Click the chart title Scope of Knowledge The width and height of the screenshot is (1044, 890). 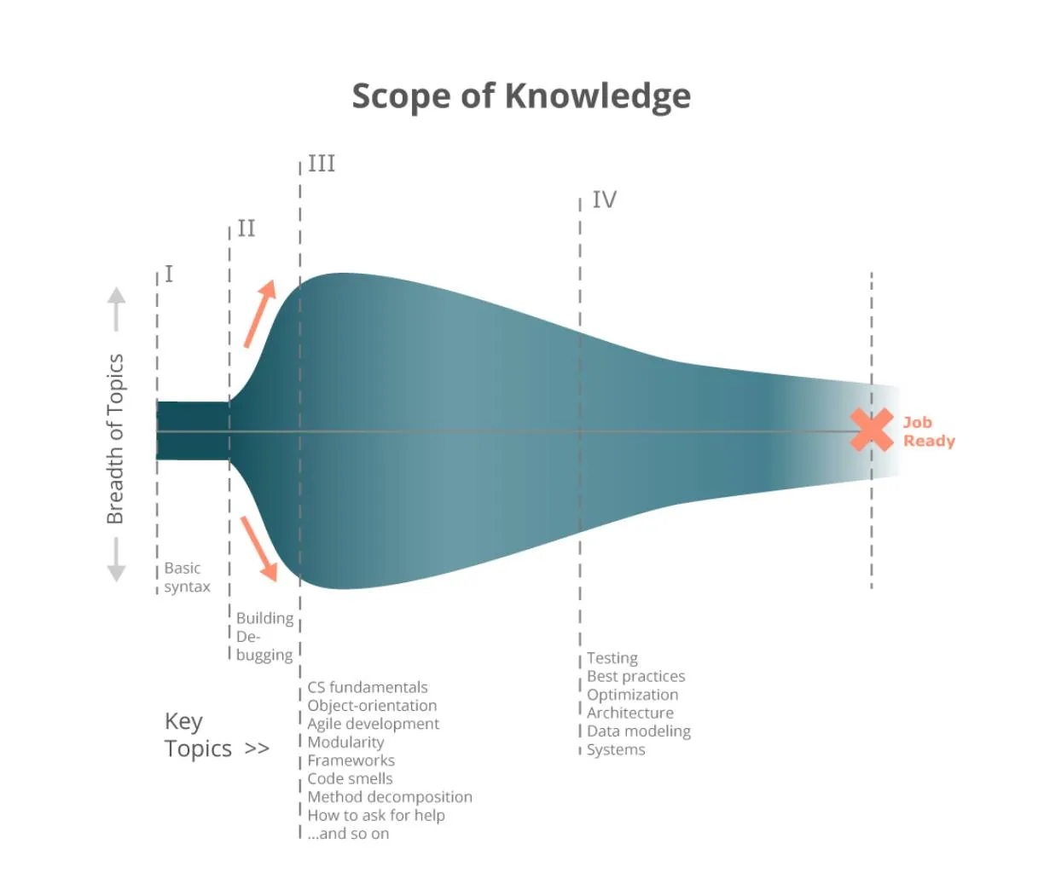click(x=521, y=95)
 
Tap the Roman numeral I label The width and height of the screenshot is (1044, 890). click(x=169, y=274)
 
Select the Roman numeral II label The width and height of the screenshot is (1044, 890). click(x=246, y=228)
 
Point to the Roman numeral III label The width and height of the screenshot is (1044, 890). click(x=322, y=163)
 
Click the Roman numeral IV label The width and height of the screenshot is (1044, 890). click(x=604, y=199)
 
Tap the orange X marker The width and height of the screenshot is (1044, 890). click(x=872, y=429)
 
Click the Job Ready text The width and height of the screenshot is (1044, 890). click(x=928, y=431)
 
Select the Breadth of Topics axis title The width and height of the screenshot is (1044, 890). click(x=115, y=438)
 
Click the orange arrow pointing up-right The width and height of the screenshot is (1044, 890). click(x=260, y=313)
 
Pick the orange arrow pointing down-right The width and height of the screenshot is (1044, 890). click(x=259, y=549)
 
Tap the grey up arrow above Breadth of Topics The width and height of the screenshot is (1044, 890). click(x=116, y=309)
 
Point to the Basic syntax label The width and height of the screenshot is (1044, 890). click(x=187, y=577)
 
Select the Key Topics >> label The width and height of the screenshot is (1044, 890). click(x=216, y=735)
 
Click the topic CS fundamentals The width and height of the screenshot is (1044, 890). click(x=368, y=687)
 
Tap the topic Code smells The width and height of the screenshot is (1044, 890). click(x=350, y=778)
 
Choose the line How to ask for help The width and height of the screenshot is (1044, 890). click(x=376, y=815)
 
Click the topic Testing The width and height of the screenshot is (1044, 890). click(x=612, y=658)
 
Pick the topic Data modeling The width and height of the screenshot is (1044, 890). click(x=638, y=731)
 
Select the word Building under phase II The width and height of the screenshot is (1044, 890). click(x=264, y=618)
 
